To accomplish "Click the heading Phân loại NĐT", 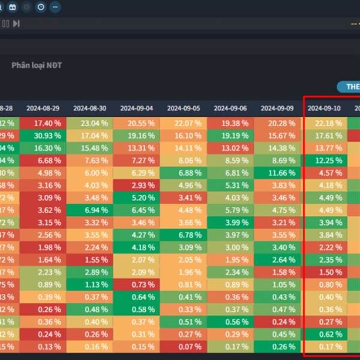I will pyautogui.click(x=37, y=65).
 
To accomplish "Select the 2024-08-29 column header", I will pyautogui.click(x=43, y=109).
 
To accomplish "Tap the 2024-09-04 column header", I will pyautogui.click(x=137, y=109).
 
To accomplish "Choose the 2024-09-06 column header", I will pyautogui.click(x=230, y=109).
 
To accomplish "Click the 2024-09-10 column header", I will pyautogui.click(x=324, y=109).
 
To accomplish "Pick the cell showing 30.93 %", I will pyautogui.click(x=43, y=136).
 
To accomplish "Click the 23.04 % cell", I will pyautogui.click(x=89, y=123).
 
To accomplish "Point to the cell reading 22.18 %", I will pyautogui.click(x=324, y=123).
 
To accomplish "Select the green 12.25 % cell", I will pyautogui.click(x=324, y=160).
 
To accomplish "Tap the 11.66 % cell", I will pyautogui.click(x=277, y=173).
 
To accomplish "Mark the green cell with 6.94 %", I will pyautogui.click(x=89, y=210).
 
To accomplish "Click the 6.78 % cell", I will pyautogui.click(x=184, y=235).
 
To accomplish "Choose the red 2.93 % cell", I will pyautogui.click(x=137, y=185).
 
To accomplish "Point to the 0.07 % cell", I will pyautogui.click(x=184, y=346).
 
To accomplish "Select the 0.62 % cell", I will pyautogui.click(x=324, y=334).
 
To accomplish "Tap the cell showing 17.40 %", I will pyautogui.click(x=43, y=123).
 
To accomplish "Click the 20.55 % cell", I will pyautogui.click(x=137, y=123).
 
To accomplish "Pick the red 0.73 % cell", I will pyautogui.click(x=137, y=284).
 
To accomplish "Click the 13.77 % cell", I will pyautogui.click(x=324, y=148).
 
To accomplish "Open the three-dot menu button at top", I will pyautogui.click(x=55, y=7).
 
